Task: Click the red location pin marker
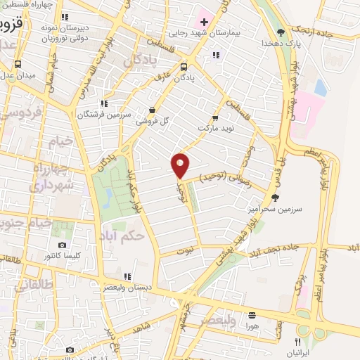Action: (181, 165)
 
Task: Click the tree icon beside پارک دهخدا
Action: (281, 32)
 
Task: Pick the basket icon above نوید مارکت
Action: (215, 119)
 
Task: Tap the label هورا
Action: (252, 326)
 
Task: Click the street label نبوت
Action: (184, 251)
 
